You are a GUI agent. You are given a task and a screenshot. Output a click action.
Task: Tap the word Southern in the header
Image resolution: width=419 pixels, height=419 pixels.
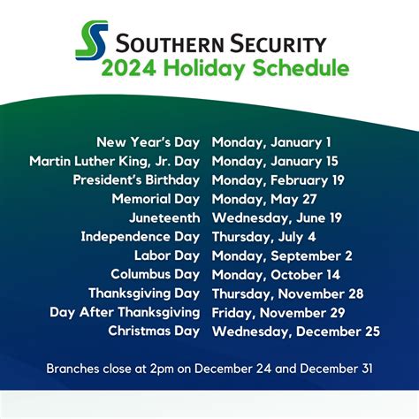pyautogui.click(x=164, y=42)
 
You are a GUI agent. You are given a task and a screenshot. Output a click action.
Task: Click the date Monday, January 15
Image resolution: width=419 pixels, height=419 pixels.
pyautogui.click(x=275, y=161)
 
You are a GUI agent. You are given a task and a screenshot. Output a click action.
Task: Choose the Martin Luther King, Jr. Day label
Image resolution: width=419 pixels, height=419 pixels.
pyautogui.click(x=116, y=161)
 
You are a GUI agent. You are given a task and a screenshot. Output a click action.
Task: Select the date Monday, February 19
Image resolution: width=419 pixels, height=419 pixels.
pyautogui.click(x=278, y=179)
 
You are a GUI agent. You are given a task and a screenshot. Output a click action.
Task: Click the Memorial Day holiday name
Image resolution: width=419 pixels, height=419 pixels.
pyautogui.click(x=156, y=199)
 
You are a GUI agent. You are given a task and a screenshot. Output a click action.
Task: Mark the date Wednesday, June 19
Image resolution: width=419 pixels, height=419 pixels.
pyautogui.click(x=277, y=217)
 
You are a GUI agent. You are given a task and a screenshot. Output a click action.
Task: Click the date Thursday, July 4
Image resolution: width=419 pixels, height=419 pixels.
pyautogui.click(x=263, y=236)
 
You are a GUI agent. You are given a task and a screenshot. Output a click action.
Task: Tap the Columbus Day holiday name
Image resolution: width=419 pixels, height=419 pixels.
pyautogui.click(x=156, y=274)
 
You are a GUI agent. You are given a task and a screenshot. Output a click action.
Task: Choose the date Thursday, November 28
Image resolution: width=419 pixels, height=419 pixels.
pyautogui.click(x=286, y=293)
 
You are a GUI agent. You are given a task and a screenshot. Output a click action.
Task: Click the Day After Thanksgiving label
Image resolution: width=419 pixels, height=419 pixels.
pyautogui.click(x=125, y=312)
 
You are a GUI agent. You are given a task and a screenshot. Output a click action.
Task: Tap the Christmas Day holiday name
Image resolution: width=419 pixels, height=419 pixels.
pyautogui.click(x=155, y=331)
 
